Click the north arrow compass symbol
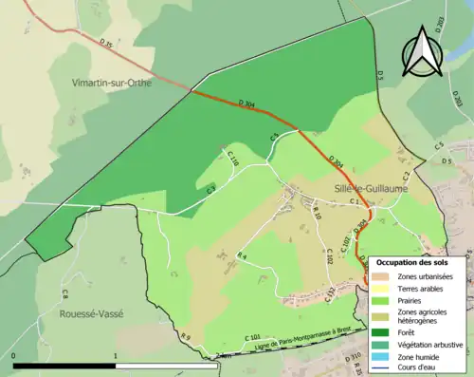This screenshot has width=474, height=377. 422,52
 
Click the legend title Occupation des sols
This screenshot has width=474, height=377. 419,262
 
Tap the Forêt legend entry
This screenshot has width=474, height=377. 412,332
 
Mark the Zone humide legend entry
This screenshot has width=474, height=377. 423,355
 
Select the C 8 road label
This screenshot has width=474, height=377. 64,293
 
